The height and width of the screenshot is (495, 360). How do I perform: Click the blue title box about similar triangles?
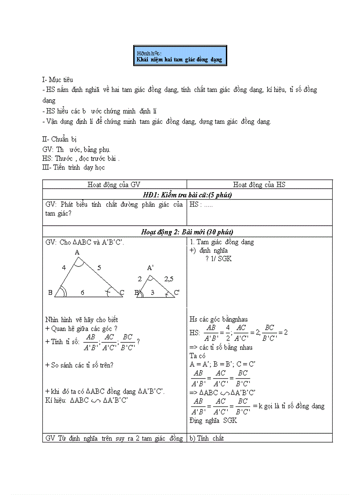coord(180,56)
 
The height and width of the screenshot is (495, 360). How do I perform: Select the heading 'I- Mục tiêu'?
coord(57,79)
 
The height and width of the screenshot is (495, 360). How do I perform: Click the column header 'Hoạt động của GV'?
coord(114,185)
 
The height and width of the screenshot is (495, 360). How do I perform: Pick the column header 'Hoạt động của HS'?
coord(259,185)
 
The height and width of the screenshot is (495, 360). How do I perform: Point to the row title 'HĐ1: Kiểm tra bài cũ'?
coord(187,194)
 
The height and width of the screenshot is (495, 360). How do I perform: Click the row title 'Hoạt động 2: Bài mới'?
coord(187,231)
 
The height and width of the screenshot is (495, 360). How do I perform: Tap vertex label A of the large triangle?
coord(77,253)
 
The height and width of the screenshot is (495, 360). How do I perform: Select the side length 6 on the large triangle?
coord(82,292)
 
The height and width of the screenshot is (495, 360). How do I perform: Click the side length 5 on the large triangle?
coord(99,268)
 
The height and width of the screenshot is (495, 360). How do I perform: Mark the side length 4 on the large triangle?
coord(64,268)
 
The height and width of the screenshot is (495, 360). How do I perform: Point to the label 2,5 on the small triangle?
coord(169,279)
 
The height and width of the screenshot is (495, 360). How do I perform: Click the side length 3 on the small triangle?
coord(152,292)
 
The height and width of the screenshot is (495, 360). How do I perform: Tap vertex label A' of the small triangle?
coord(150,268)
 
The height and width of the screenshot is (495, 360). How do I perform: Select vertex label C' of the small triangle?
coord(176,292)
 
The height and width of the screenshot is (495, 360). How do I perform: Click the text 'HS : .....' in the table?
coord(202,205)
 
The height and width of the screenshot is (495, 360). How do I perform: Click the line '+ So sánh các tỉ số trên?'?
coord(79,365)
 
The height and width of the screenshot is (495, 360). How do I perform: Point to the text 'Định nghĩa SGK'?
coord(213,421)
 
